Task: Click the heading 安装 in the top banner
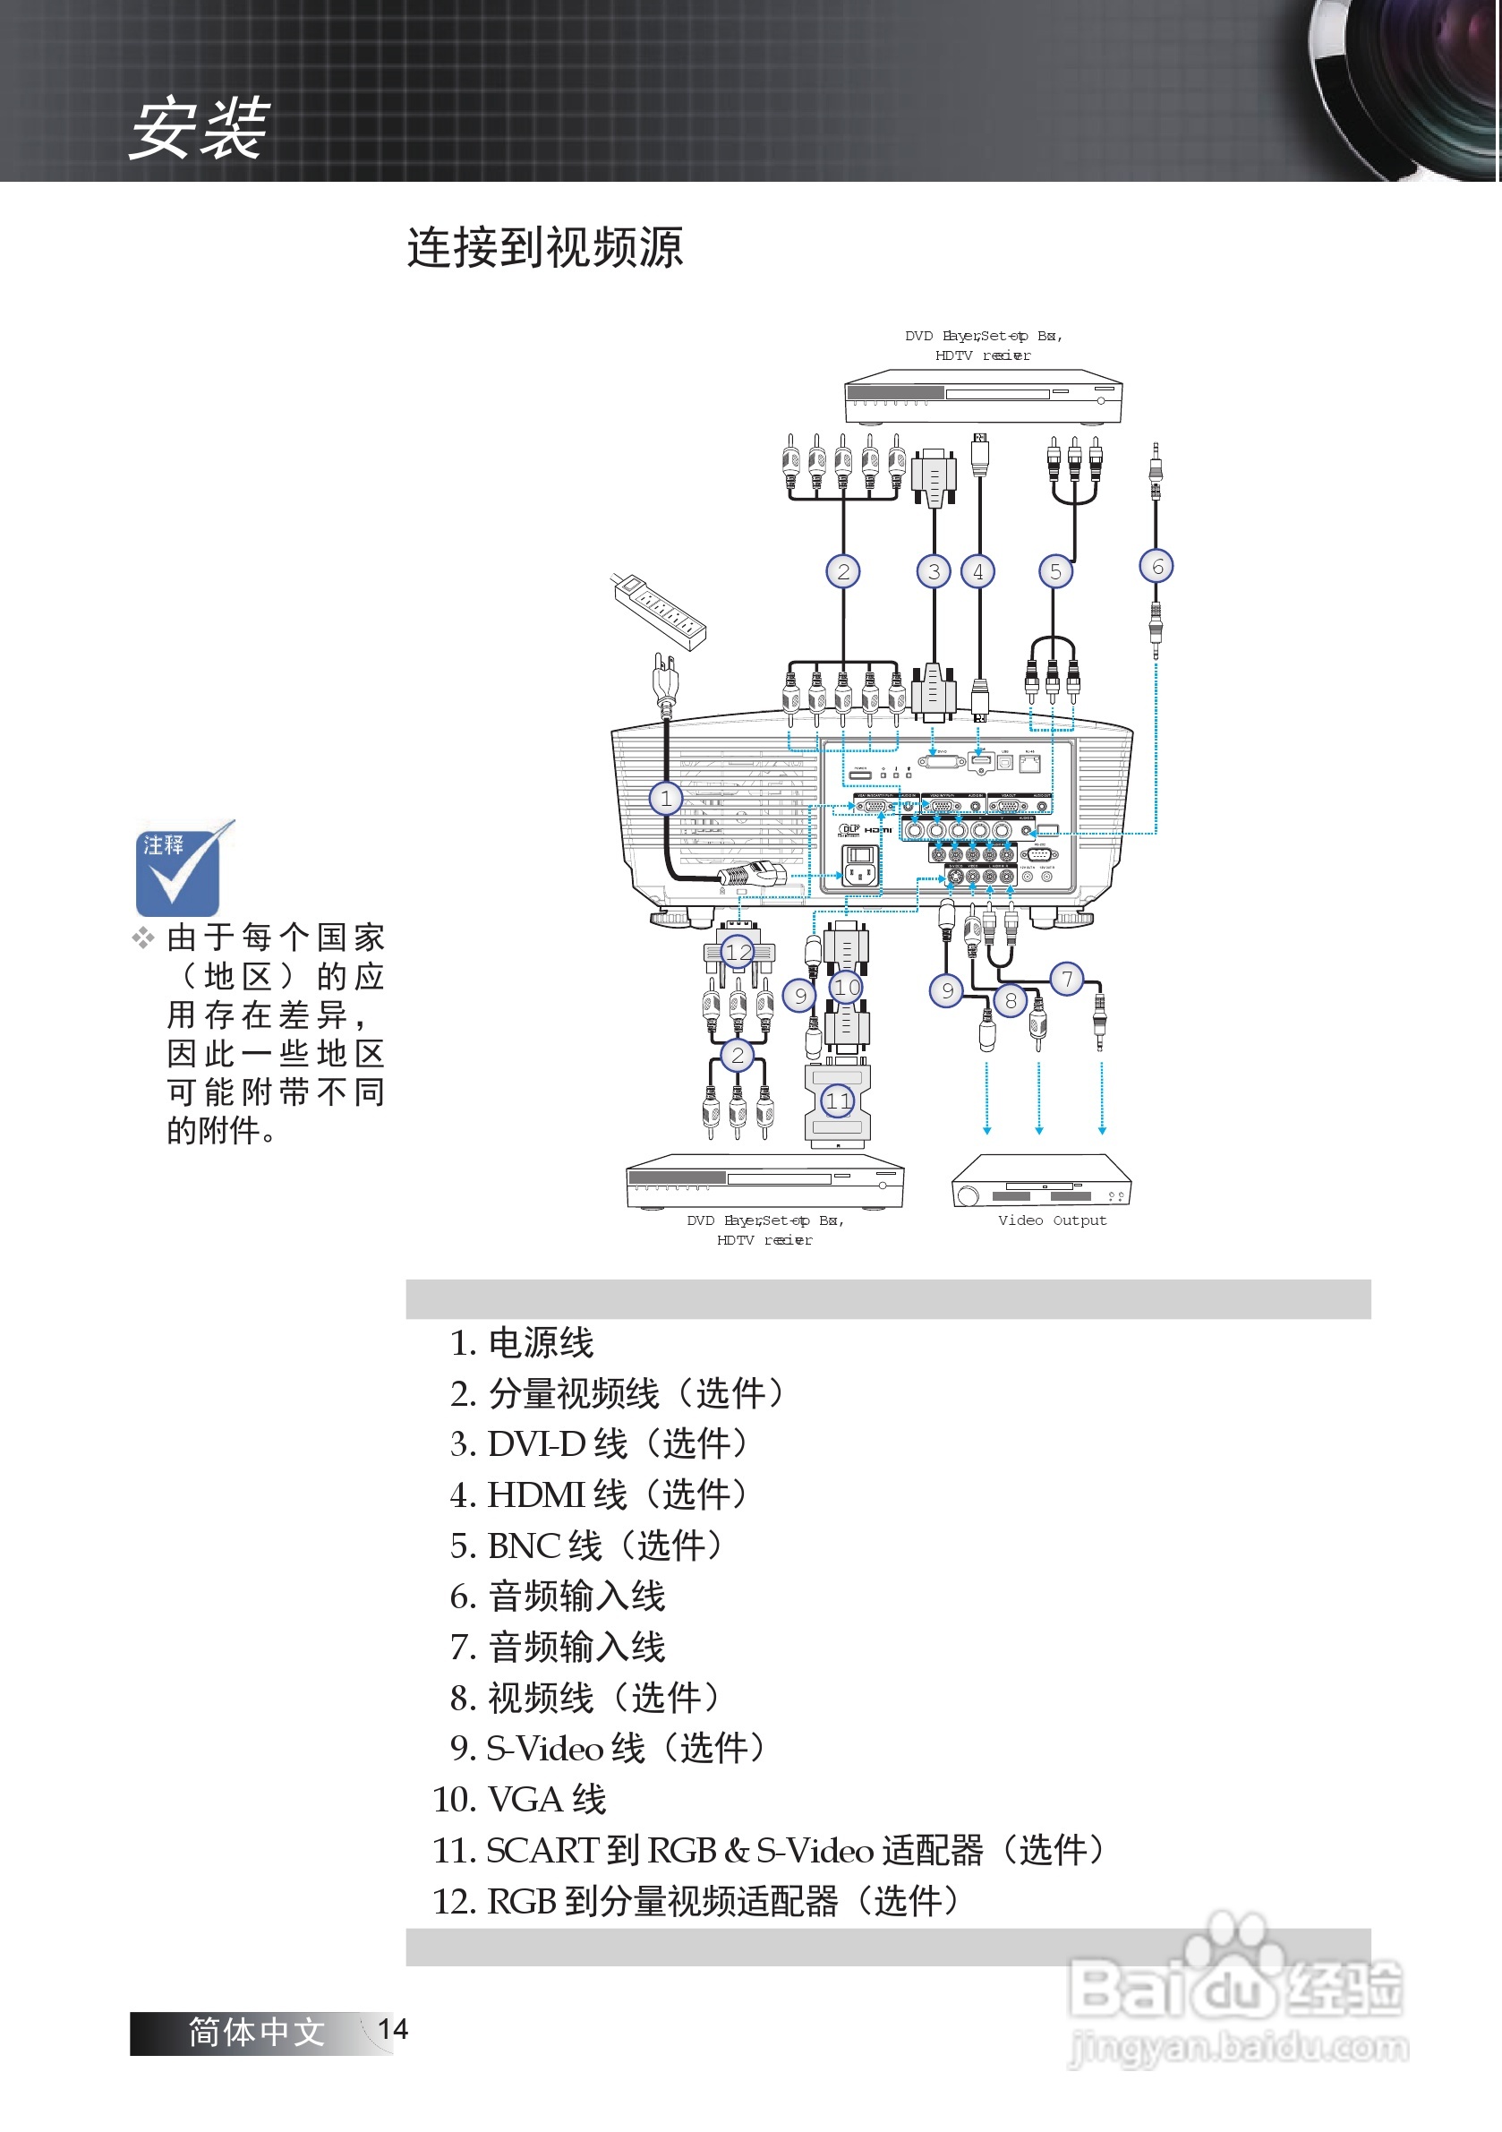click(199, 128)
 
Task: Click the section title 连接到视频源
click(545, 248)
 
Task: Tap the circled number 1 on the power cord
click(665, 798)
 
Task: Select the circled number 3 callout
click(934, 571)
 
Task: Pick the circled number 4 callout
click(977, 571)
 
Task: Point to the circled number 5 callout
click(1054, 571)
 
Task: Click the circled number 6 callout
click(1156, 566)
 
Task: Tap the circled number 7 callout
click(1067, 978)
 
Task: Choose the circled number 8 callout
click(1010, 1000)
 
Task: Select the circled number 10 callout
click(846, 986)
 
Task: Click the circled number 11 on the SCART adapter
click(837, 1100)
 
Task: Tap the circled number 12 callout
click(738, 951)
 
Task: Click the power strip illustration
click(659, 610)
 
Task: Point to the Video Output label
click(1052, 1220)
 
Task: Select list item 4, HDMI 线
click(599, 1494)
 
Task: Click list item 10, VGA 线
click(520, 1799)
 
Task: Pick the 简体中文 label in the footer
click(256, 2032)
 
